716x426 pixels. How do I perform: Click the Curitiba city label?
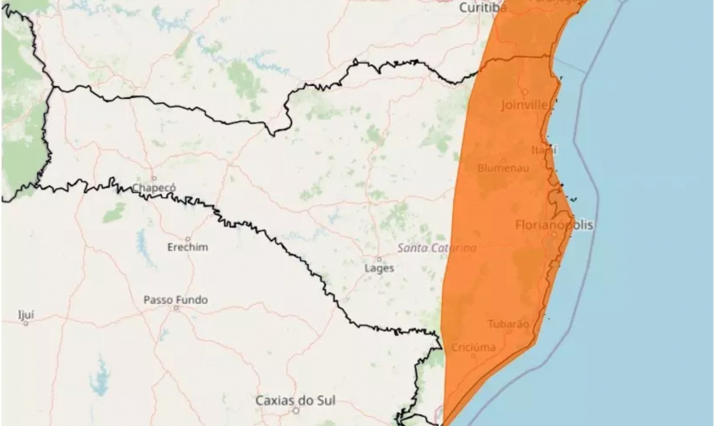click(483, 8)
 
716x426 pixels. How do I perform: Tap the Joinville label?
click(525, 104)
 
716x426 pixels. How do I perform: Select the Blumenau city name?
click(503, 168)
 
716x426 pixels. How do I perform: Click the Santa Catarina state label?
click(437, 248)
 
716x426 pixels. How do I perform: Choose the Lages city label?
click(379, 268)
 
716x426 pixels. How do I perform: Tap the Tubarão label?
click(508, 324)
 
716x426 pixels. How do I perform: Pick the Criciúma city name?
click(473, 347)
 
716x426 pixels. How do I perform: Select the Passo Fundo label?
click(176, 300)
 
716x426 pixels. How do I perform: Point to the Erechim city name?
click(187, 248)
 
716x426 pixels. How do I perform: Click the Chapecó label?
click(154, 188)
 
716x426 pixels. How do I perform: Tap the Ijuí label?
click(27, 315)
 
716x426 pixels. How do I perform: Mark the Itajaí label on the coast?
click(544, 150)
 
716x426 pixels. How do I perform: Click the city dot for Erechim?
click(188, 239)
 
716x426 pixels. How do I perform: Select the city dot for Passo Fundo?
click(176, 308)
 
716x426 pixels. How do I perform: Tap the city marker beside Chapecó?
click(154, 178)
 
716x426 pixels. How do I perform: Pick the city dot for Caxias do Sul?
click(296, 410)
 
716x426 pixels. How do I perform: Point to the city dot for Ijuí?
click(26, 323)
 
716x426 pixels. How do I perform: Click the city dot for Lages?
click(379, 259)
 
